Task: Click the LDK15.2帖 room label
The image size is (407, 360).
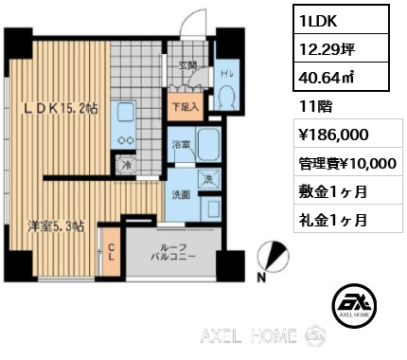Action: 62,109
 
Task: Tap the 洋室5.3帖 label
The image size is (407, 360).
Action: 56,226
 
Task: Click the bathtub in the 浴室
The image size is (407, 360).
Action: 208,144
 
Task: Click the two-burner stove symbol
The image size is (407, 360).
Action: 125,140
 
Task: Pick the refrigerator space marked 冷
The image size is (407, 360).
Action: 125,165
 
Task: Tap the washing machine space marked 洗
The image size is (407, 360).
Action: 207,179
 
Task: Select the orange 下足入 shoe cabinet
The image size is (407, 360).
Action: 185,107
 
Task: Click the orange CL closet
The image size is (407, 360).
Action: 111,252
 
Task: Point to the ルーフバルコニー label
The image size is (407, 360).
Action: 173,252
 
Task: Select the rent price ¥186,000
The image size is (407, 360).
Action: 333,135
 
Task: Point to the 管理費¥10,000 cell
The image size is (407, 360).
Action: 348,163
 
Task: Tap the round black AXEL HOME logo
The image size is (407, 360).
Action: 354,305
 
